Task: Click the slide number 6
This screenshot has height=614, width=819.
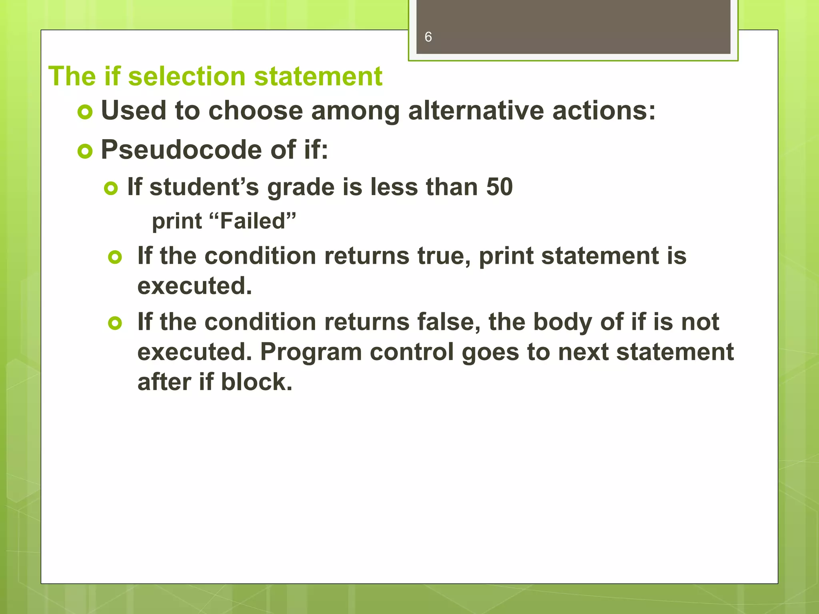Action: pyautogui.click(x=428, y=37)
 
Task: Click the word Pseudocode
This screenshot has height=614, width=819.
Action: pyautogui.click(x=182, y=150)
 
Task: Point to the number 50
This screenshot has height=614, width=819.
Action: pyautogui.click(x=499, y=187)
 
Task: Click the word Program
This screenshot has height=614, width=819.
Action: pyautogui.click(x=311, y=352)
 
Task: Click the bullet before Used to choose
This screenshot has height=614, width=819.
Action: pyautogui.click(x=85, y=112)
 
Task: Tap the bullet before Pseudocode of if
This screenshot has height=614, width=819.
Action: pyautogui.click(x=85, y=152)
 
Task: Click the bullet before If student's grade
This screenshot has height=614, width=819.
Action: pyautogui.click(x=111, y=188)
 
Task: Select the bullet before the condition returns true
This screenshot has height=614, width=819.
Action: pyautogui.click(x=115, y=257)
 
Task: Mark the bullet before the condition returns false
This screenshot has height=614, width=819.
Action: pyautogui.click(x=115, y=323)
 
